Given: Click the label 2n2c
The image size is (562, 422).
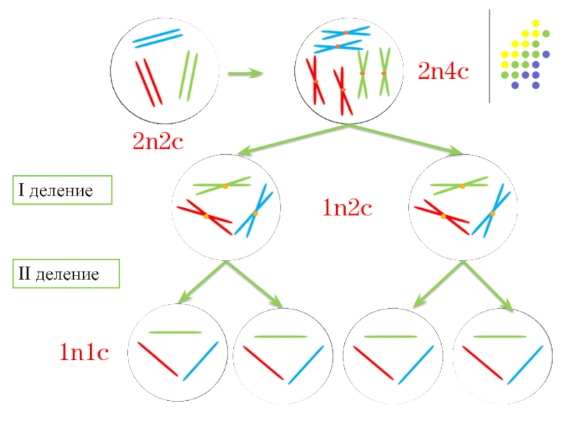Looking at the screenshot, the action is [x=158, y=141].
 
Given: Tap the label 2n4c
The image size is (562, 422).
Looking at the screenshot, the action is [x=443, y=70].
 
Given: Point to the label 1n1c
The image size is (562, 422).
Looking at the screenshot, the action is [x=83, y=352].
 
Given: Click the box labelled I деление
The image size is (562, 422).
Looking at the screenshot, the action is [x=62, y=190].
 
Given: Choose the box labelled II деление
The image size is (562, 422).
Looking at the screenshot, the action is [x=67, y=274].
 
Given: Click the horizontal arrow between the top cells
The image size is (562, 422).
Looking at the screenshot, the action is [x=246, y=72].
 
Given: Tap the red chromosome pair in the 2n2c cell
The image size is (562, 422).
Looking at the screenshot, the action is [x=149, y=82].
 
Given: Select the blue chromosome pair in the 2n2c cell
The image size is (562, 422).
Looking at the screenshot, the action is [x=157, y=38].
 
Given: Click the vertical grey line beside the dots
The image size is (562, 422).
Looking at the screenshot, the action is [x=489, y=56].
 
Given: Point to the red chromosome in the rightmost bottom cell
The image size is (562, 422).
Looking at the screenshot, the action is [x=483, y=361].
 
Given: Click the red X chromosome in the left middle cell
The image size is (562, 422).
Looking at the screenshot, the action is [x=204, y=217].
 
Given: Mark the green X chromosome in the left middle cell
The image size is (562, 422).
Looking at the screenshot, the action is [x=223, y=186].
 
